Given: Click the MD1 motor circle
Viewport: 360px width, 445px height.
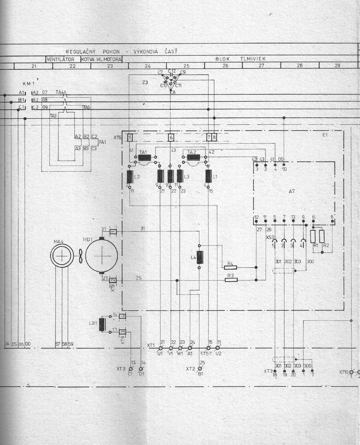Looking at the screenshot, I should (x=101, y=255).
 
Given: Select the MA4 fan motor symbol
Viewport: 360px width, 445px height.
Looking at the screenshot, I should (x=62, y=255).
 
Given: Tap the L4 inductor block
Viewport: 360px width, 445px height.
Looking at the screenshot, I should (x=199, y=258).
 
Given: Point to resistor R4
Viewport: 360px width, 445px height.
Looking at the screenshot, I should (x=230, y=267).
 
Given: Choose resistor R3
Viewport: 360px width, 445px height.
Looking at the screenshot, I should (x=231, y=279).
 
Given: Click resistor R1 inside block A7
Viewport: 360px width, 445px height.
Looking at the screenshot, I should (x=313, y=237).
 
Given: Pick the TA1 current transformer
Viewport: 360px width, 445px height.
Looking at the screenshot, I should (x=145, y=157).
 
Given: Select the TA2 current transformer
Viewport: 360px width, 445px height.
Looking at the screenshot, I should (x=194, y=157).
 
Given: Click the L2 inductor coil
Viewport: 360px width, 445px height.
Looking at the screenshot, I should (x=130, y=176).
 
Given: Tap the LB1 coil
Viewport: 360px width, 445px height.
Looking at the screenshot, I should (x=103, y=324).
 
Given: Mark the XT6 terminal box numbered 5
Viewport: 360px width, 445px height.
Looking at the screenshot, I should (x=130, y=138).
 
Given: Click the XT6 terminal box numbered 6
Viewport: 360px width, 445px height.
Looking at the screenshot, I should (x=171, y=138).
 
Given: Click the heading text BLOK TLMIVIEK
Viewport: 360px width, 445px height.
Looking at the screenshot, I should (x=241, y=59).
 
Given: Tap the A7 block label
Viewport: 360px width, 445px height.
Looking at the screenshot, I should (x=292, y=189).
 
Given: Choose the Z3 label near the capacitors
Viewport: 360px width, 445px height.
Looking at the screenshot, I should (x=145, y=82).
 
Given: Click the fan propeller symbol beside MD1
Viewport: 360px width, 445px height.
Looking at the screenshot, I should (x=80, y=256).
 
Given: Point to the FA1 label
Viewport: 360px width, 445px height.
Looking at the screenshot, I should (x=103, y=142).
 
